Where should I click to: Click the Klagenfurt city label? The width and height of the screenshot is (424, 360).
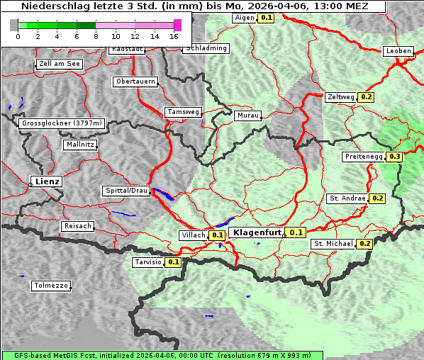click(x=256, y=232)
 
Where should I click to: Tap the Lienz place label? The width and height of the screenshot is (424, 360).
click(x=47, y=182)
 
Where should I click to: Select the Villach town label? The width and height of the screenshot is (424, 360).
click(x=194, y=235)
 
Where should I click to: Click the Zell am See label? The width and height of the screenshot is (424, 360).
click(x=60, y=64)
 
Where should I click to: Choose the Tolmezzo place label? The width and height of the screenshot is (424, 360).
click(x=51, y=286)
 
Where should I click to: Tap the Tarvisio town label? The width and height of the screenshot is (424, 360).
click(x=148, y=262)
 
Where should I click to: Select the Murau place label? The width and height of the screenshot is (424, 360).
click(x=248, y=115)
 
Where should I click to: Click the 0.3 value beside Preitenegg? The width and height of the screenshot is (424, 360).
click(x=395, y=157)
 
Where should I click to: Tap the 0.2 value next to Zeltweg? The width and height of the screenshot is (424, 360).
click(x=367, y=97)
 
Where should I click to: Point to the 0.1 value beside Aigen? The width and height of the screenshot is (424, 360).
click(x=266, y=17)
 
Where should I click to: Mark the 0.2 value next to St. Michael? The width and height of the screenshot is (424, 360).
click(x=365, y=244)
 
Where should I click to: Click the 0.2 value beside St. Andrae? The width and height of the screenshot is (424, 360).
click(x=377, y=198)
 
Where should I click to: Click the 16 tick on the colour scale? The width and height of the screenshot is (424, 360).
click(x=174, y=36)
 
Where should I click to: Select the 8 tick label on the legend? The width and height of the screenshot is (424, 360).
click(x=96, y=36)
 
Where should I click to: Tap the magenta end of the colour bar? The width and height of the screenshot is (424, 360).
click(x=177, y=25)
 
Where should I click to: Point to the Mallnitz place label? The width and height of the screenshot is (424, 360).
click(x=79, y=145)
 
